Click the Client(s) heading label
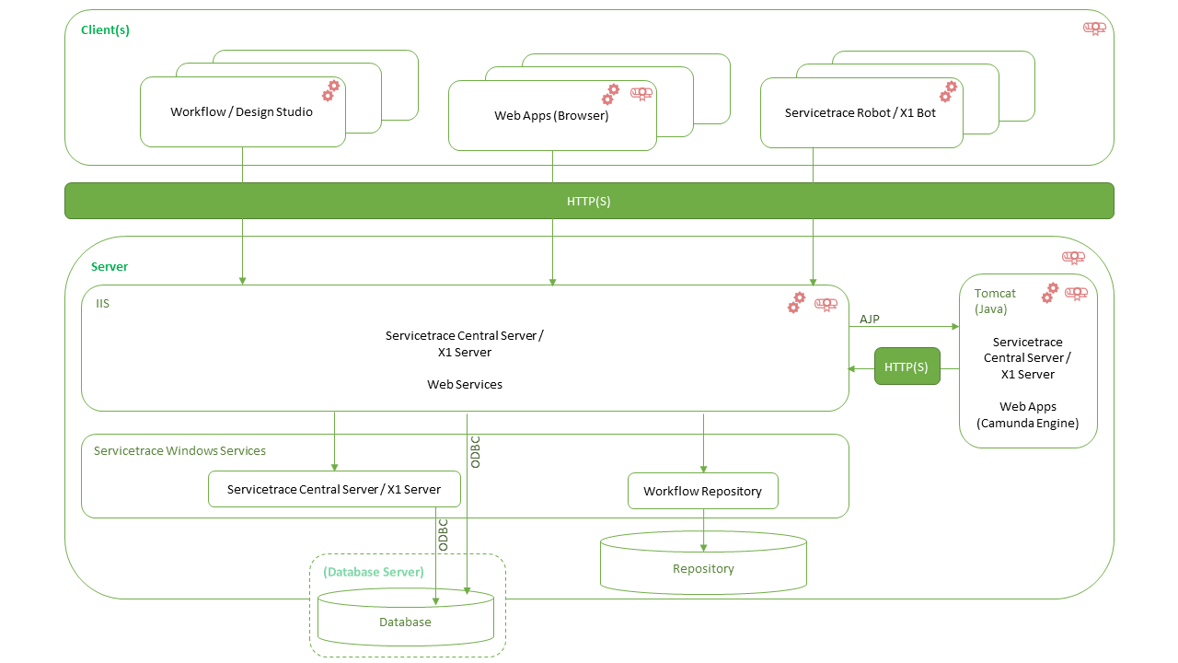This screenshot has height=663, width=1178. (x=105, y=30)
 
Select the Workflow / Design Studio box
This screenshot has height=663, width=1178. (x=242, y=112)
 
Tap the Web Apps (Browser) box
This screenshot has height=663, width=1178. (x=551, y=116)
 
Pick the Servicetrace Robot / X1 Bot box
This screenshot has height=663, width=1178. (x=860, y=113)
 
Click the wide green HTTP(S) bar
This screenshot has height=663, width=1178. (x=589, y=201)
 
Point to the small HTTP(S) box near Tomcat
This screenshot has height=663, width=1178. (x=907, y=366)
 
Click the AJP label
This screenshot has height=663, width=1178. (x=870, y=319)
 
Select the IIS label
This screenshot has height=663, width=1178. (x=102, y=303)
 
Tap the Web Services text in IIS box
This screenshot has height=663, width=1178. (x=465, y=384)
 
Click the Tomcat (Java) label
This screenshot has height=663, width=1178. (x=995, y=301)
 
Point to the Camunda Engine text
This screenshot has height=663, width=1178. (x=1027, y=423)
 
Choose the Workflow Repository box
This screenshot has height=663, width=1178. (x=702, y=491)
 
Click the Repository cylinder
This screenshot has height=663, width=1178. (x=703, y=562)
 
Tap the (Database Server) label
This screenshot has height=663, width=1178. (x=373, y=572)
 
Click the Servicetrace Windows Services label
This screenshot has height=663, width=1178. (x=179, y=450)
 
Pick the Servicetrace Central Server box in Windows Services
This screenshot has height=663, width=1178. (x=333, y=489)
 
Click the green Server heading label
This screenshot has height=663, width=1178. (x=110, y=266)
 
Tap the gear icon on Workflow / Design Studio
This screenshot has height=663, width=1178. (x=330, y=90)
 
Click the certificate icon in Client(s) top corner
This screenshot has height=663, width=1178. (x=1093, y=28)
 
